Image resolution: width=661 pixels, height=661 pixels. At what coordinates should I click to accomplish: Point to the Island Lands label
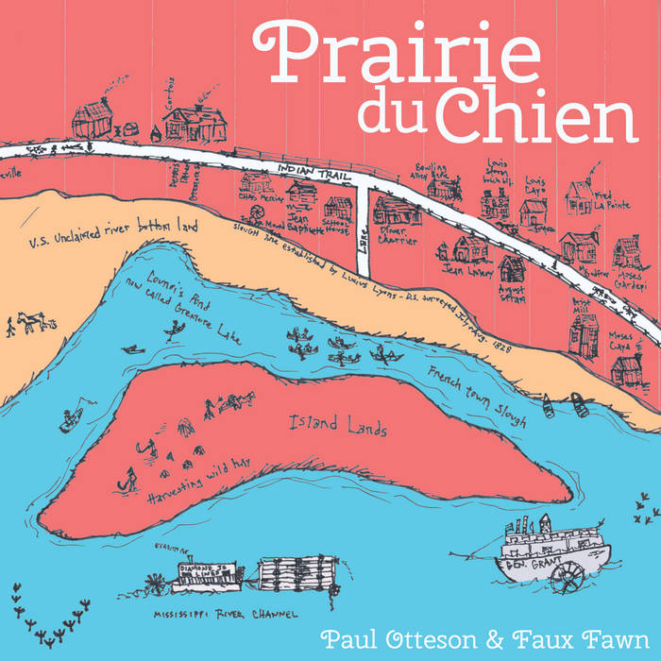pos(338,428)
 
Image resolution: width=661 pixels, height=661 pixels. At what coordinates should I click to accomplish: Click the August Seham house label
pos(513,292)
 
